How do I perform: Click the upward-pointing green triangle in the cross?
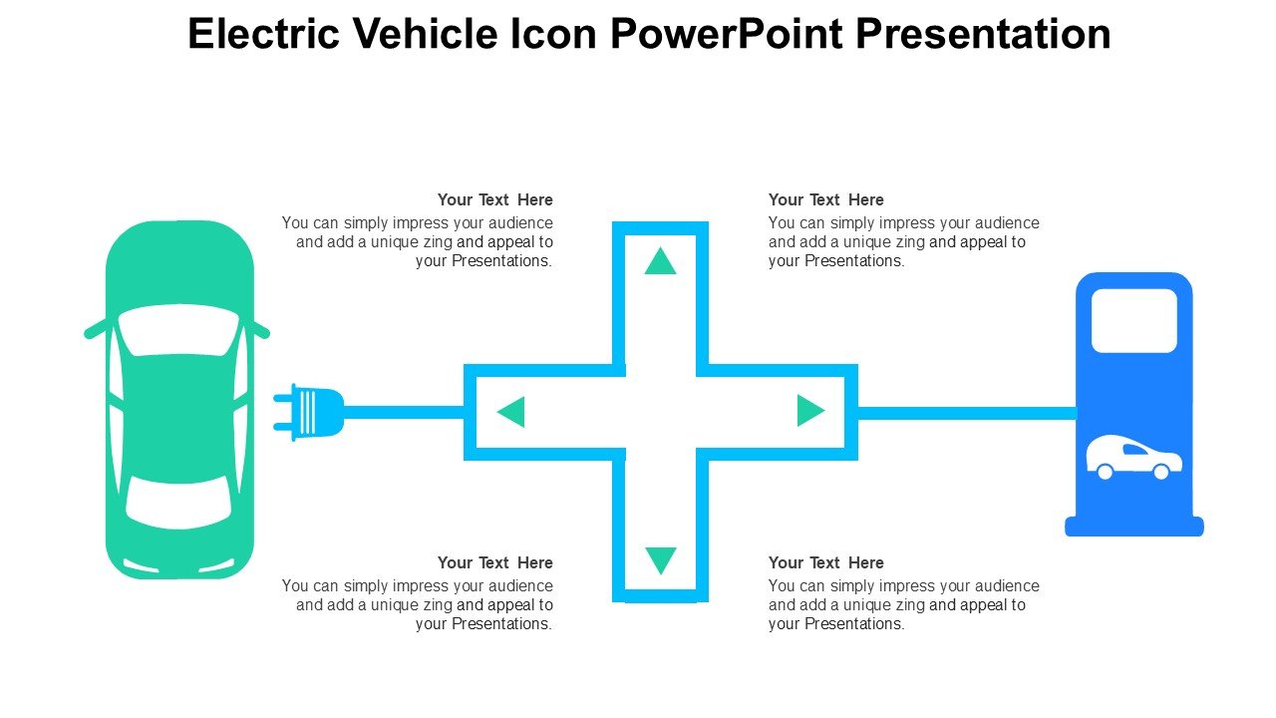point(660,262)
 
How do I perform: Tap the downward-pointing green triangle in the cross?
point(661,560)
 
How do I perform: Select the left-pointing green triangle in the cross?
point(512,412)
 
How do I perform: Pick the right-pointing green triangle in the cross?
point(809,410)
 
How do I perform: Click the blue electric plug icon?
point(308,412)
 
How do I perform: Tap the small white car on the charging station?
point(1133,458)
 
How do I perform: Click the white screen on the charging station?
point(1134,321)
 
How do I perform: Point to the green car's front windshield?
point(178,329)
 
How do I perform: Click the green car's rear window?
point(178,503)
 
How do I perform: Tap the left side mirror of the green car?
point(95,329)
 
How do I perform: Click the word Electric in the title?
point(264,34)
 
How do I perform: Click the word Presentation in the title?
point(983,34)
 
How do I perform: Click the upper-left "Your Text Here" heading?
point(495,200)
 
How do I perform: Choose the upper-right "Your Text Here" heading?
point(826,200)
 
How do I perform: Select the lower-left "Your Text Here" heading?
point(495,563)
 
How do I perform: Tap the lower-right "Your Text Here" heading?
point(826,563)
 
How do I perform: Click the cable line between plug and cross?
point(404,412)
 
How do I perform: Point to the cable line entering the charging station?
point(967,413)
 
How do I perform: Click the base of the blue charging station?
point(1134,526)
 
